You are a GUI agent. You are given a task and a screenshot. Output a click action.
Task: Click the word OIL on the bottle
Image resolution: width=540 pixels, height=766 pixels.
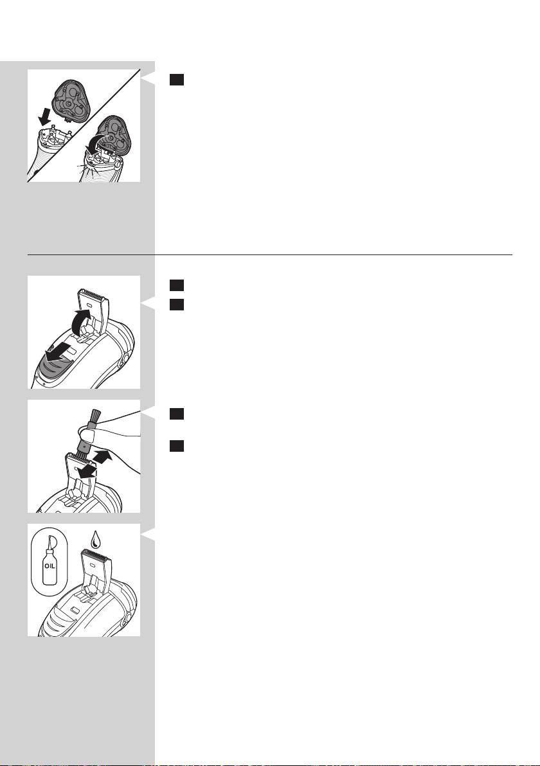click(50, 566)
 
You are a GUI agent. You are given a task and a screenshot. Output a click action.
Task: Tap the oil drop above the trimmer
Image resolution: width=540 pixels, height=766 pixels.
click(96, 539)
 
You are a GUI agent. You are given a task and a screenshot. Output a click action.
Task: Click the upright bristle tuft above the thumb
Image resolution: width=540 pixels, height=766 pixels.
click(92, 415)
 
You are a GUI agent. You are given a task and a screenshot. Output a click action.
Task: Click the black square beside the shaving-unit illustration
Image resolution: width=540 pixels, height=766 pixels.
click(176, 80)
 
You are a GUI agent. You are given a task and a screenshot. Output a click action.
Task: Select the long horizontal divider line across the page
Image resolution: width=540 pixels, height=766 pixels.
click(270, 254)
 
